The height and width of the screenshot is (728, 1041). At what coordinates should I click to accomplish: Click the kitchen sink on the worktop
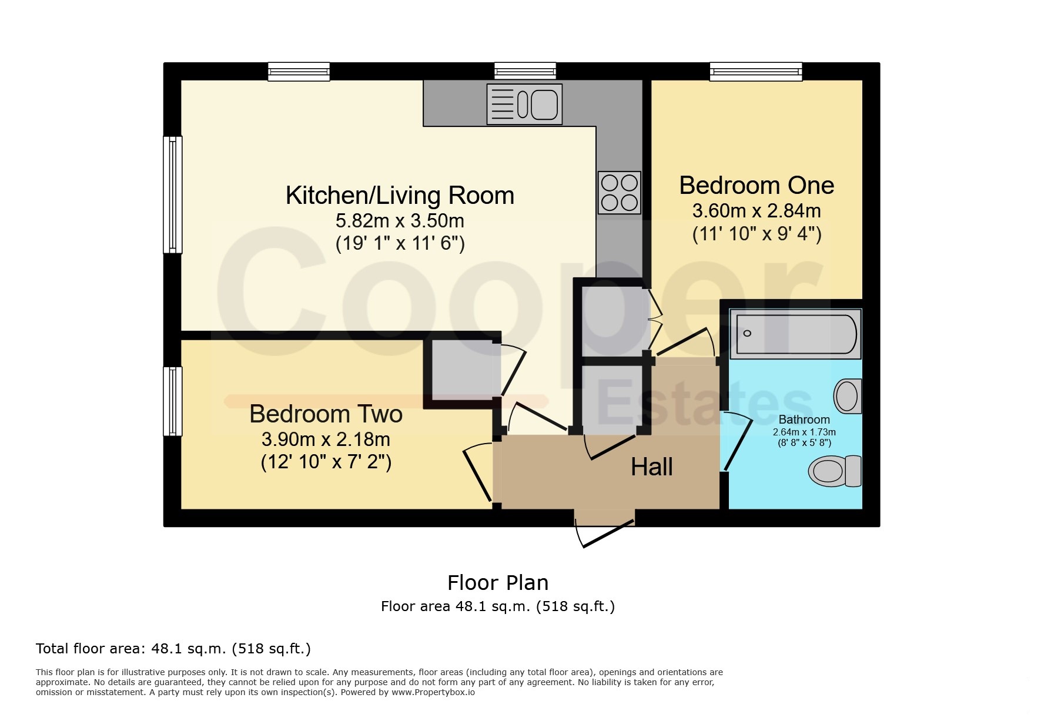(524, 104)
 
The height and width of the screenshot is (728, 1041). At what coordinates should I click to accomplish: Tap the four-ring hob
(620, 192)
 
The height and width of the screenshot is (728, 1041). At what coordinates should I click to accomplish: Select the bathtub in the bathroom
(795, 334)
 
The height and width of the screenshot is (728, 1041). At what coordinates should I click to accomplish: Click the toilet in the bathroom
(835, 471)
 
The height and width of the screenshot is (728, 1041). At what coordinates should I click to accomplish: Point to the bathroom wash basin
(848, 396)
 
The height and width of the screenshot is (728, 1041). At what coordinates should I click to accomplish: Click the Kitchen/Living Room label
(400, 196)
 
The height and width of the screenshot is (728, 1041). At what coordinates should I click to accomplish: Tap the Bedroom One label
(757, 185)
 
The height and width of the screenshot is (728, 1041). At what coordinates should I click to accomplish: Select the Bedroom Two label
(326, 414)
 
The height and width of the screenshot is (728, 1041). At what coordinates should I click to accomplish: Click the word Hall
(651, 467)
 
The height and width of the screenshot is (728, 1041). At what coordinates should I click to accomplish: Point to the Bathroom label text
(804, 420)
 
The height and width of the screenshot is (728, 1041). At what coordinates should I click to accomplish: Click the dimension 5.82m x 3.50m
(400, 221)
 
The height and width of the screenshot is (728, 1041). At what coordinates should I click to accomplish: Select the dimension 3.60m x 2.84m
(757, 210)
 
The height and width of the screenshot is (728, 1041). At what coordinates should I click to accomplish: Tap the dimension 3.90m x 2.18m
(326, 439)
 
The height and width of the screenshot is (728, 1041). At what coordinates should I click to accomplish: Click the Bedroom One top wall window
(756, 72)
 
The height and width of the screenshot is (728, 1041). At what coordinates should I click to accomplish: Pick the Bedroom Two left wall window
(173, 401)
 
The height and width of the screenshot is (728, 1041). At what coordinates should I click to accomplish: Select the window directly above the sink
(525, 72)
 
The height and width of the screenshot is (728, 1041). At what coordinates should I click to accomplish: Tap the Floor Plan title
(498, 583)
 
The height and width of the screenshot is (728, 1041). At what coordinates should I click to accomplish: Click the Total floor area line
(173, 649)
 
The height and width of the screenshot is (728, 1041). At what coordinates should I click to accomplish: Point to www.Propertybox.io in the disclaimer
(433, 692)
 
